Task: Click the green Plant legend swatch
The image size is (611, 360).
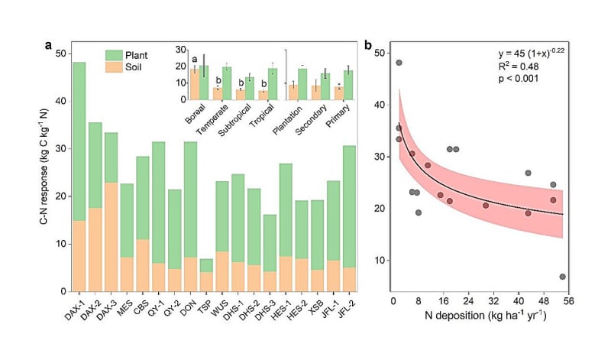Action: pyautogui.click(x=115, y=55)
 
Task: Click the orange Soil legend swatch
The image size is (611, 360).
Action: pyautogui.click(x=115, y=68)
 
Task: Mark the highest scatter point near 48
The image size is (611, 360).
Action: pyautogui.click(x=399, y=63)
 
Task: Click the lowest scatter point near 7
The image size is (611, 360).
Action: pyautogui.click(x=563, y=277)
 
